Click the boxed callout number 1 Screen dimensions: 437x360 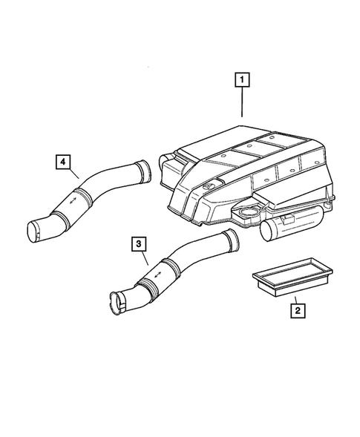pos(243,77)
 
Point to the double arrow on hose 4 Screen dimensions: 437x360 pos(73,200)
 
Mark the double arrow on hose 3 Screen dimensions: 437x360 pos(157,277)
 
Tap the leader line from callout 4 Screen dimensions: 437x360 pos(73,174)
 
